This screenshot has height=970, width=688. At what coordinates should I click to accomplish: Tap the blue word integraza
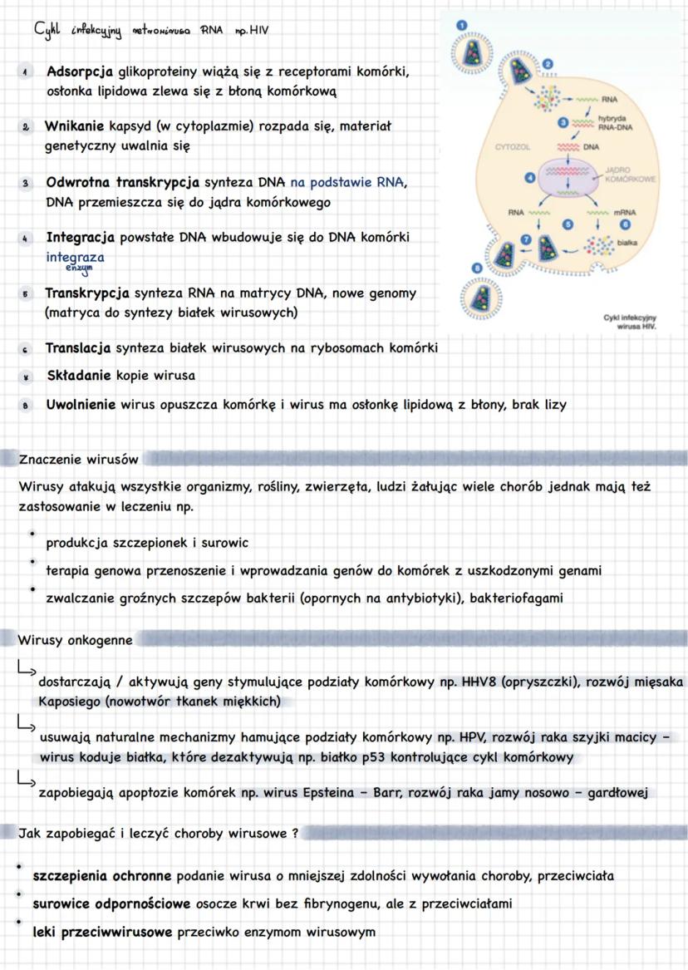tap(76, 257)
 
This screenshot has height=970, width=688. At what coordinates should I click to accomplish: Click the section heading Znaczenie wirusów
tap(78, 458)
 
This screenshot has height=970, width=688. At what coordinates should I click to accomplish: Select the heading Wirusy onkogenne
tap(74, 639)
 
